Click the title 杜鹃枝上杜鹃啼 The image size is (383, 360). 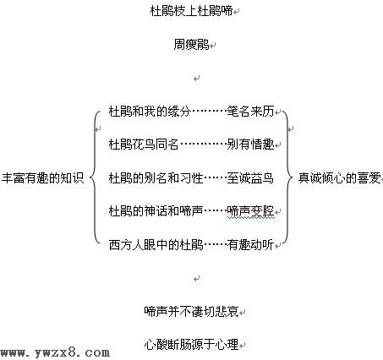point(191,11)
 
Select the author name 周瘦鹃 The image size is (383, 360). point(191,45)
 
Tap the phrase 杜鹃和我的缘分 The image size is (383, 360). point(150,112)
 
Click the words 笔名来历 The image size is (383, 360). point(250,112)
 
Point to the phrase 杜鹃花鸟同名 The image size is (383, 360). point(144,145)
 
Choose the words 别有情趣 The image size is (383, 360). point(250,145)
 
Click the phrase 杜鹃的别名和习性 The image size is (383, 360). point(156,178)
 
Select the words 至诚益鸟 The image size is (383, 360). point(250,178)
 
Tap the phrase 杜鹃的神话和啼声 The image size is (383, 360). point(156,211)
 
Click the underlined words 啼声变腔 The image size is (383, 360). point(250,211)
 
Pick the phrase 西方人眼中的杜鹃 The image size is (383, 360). point(156,245)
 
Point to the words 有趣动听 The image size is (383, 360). point(250,245)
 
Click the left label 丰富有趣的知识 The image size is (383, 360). point(43,178)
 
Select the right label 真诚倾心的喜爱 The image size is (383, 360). point(340,178)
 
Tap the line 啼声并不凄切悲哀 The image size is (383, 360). point(191,312)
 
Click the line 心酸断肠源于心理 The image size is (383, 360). point(191,345)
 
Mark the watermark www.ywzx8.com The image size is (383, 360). point(55,352)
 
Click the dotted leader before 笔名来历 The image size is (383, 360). point(209,112)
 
